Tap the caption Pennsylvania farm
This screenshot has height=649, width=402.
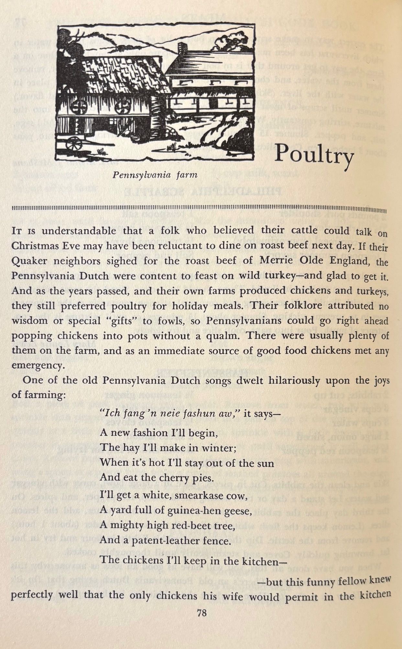[x=155, y=175]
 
